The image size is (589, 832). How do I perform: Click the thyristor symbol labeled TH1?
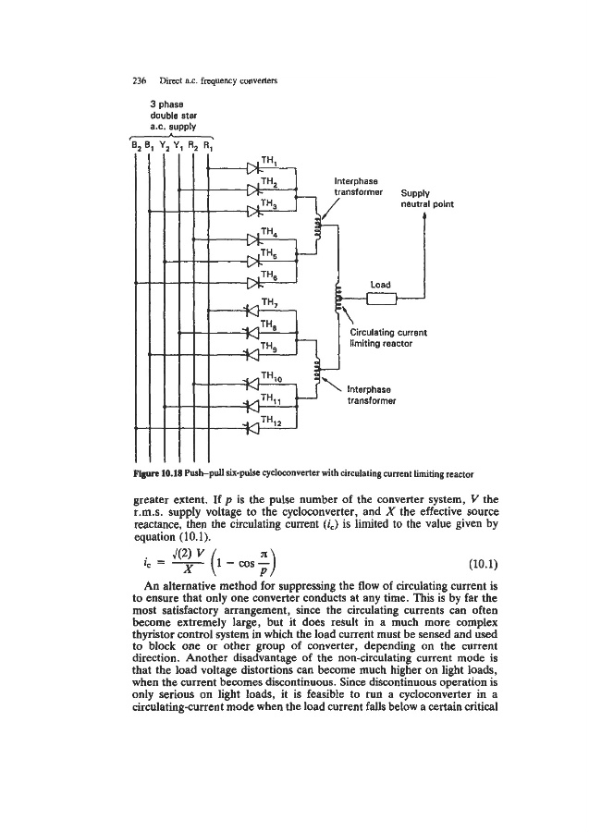tap(252, 168)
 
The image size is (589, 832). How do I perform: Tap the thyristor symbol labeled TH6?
tap(252, 282)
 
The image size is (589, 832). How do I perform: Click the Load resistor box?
tap(382, 297)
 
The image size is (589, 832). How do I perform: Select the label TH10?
tap(275, 373)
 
